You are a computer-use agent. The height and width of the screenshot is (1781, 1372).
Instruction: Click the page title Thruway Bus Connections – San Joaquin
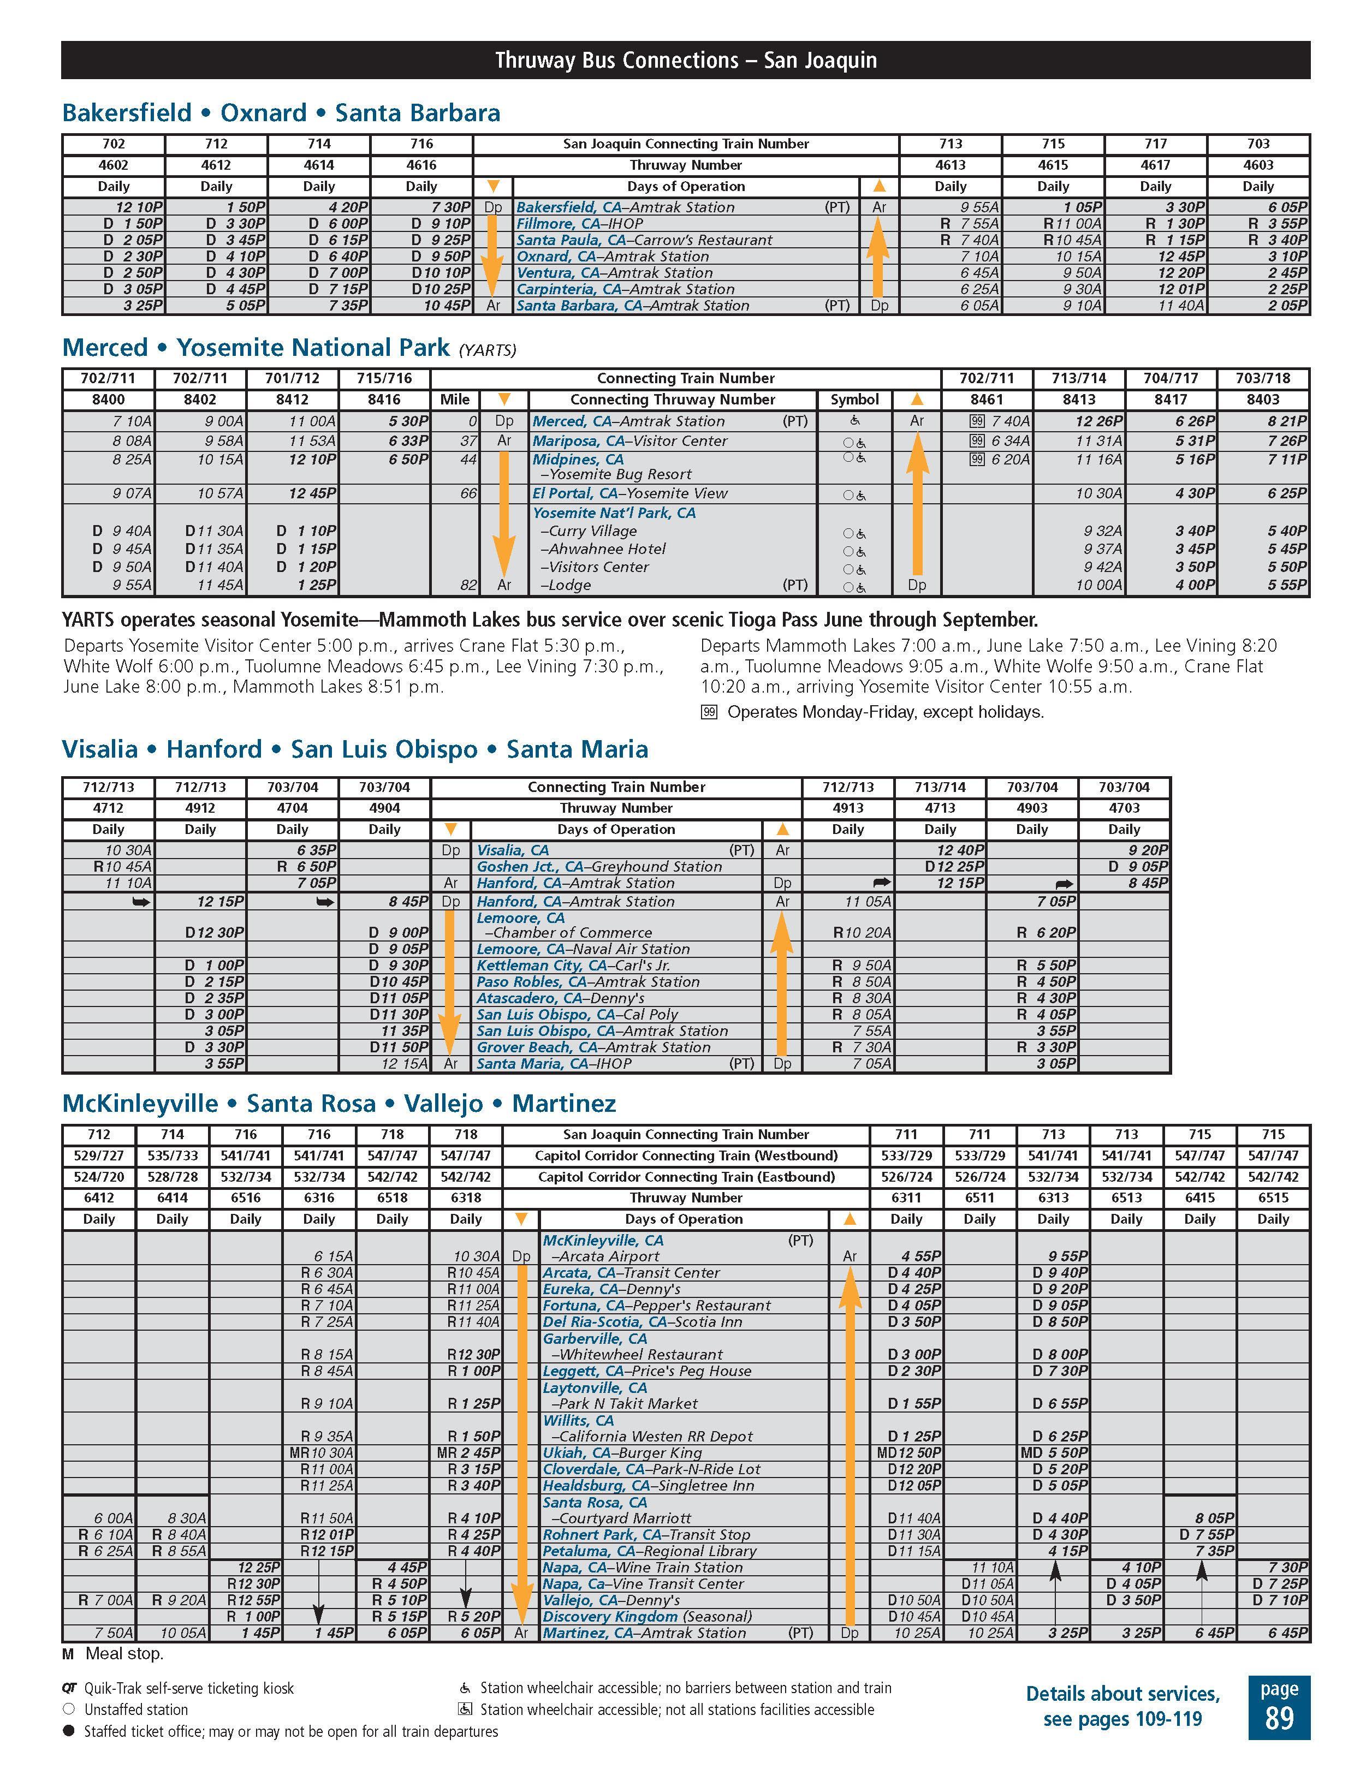685,61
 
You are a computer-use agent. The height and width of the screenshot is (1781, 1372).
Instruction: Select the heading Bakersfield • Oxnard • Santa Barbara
281,112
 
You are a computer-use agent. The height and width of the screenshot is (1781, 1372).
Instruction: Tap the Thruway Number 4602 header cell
114,165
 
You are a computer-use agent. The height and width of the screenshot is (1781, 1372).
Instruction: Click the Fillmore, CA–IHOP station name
579,223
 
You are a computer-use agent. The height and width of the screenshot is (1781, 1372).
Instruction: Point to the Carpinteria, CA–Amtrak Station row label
625,289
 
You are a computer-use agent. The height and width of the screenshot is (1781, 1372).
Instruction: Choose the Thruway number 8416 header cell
384,400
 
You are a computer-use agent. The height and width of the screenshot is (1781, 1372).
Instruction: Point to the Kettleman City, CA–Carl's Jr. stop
573,966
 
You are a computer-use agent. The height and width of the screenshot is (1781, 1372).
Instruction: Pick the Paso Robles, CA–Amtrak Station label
588,982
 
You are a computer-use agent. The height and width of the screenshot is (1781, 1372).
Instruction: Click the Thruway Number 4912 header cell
200,808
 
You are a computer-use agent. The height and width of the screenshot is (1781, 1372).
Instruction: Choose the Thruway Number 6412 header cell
99,1198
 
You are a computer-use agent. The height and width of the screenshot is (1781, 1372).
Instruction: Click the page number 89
1278,1718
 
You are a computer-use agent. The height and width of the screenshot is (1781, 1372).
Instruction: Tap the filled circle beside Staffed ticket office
69,1731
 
